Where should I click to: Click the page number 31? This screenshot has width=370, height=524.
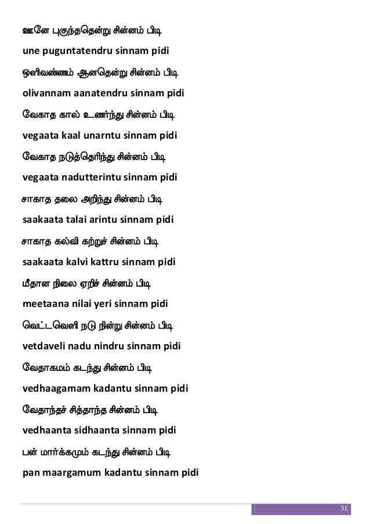(x=342, y=509)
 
